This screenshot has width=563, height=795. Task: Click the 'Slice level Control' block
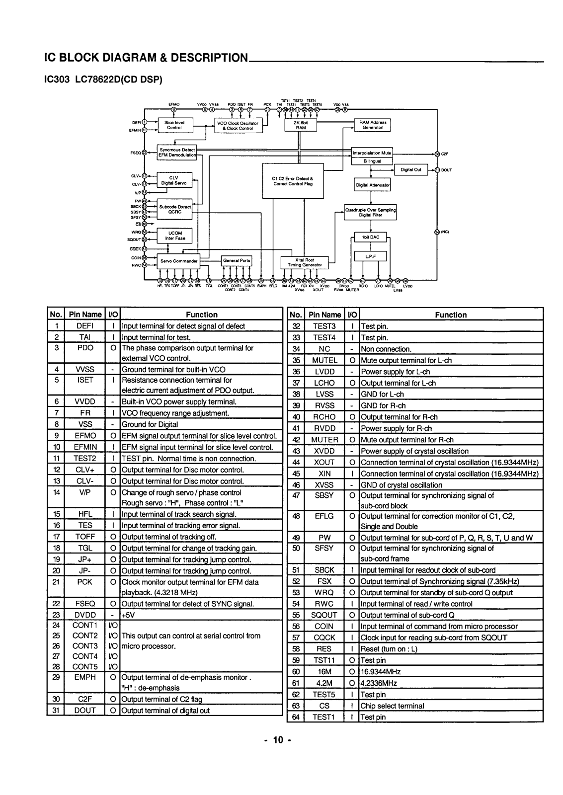point(174,125)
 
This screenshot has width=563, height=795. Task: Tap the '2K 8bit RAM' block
point(300,125)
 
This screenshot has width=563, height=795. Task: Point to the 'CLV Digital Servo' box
point(173,180)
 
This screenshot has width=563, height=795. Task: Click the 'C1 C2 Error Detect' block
point(292,181)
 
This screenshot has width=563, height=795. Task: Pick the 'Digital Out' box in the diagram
point(410,170)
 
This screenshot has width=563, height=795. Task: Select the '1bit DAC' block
point(371,238)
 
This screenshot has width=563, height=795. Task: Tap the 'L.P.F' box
point(370,256)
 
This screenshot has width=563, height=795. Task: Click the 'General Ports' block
point(237,261)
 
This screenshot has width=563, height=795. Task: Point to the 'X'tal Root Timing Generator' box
point(305,262)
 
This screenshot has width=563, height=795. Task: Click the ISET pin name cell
point(85,380)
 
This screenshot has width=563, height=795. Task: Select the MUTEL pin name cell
point(324,360)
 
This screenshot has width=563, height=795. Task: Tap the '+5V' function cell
point(201,615)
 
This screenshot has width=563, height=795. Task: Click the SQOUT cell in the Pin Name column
point(324,615)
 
